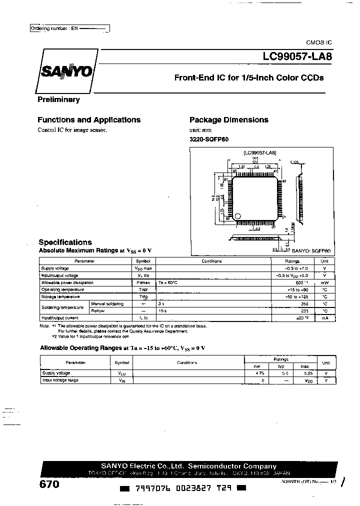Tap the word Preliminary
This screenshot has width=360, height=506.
point(58,99)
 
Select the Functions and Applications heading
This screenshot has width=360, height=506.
point(89,120)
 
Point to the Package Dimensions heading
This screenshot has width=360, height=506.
point(228,120)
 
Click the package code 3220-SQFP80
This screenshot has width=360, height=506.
point(209,139)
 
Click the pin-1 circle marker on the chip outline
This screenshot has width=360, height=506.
point(237,216)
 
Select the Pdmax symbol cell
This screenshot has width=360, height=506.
point(143,283)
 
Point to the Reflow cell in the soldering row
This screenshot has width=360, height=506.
point(98,310)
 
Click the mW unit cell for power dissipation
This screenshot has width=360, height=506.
point(324,283)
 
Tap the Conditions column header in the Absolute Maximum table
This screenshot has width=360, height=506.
point(212,261)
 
